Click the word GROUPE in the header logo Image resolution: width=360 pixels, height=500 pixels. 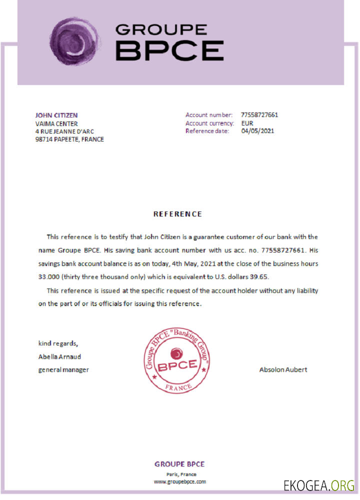click(x=160, y=29)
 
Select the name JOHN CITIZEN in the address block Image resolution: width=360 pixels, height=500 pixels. click(x=56, y=115)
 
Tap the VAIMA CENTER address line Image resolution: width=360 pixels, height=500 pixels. click(x=56, y=123)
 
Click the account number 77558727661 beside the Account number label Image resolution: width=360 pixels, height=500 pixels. click(x=259, y=115)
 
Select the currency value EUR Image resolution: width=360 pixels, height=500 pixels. click(x=247, y=123)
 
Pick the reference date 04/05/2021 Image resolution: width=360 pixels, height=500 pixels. click(x=257, y=131)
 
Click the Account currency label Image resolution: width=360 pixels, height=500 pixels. click(x=209, y=123)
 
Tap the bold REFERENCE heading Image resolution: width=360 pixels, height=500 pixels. click(x=177, y=214)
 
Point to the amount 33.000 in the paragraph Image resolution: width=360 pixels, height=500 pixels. click(x=48, y=276)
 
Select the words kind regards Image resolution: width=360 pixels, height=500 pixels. click(x=58, y=343)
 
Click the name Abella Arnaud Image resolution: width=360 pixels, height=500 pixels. click(x=59, y=357)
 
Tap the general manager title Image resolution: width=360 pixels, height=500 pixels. click(x=63, y=370)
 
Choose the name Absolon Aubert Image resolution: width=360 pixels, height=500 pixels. click(x=283, y=370)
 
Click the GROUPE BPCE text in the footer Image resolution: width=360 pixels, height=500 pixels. click(x=179, y=464)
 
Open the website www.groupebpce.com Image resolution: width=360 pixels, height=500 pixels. click(x=179, y=482)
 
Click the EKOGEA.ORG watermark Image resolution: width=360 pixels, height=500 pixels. click(x=318, y=485)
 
